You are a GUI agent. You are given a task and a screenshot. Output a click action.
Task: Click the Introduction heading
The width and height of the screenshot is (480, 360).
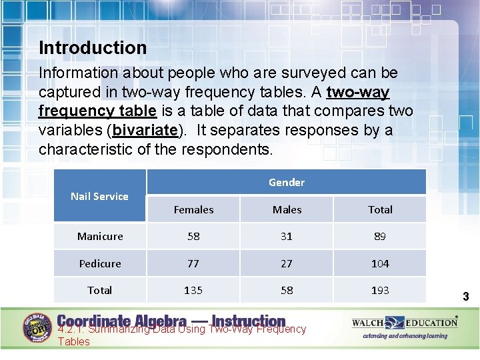click(93, 48)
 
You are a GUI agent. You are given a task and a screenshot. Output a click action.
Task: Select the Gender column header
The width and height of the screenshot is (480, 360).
click(286, 182)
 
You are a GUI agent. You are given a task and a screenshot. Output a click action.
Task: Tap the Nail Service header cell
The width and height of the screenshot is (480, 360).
click(99, 196)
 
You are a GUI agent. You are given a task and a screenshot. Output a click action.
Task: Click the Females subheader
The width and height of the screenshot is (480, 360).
click(193, 209)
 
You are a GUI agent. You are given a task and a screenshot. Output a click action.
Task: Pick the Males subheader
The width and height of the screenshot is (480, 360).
click(287, 209)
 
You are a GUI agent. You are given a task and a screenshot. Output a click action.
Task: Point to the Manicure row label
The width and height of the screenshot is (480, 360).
click(100, 236)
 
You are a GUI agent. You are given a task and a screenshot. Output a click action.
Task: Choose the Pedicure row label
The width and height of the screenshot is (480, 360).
click(100, 263)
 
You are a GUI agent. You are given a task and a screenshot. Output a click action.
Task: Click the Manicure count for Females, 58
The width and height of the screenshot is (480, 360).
click(193, 236)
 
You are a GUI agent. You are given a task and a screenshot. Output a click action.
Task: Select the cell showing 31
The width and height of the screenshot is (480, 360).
click(287, 236)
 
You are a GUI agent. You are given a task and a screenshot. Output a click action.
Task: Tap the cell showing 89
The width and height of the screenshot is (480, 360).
click(380, 236)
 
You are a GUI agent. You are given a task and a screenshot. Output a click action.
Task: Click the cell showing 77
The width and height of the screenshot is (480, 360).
click(193, 263)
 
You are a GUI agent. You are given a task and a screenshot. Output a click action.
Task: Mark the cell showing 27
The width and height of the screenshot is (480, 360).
click(287, 263)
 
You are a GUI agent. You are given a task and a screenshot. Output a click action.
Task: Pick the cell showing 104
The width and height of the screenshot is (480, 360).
click(380, 263)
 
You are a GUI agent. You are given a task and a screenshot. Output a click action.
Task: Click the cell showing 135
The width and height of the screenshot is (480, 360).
click(193, 290)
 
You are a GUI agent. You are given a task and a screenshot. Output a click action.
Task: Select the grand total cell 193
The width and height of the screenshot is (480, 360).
click(380, 290)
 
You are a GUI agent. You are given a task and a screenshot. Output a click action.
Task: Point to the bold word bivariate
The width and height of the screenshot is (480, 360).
click(147, 130)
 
